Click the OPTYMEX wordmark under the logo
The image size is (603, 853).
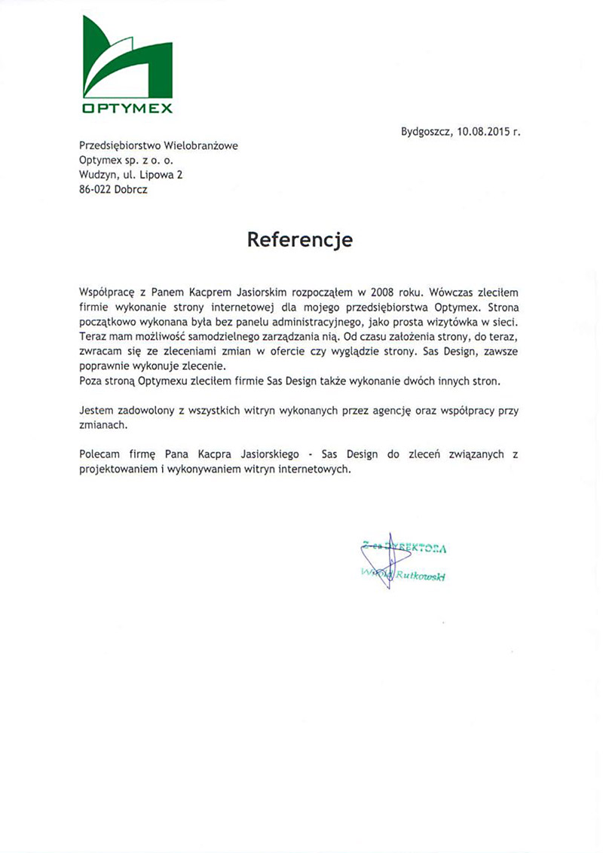click(127, 109)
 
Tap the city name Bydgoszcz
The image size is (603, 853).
click(426, 131)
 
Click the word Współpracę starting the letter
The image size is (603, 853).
click(106, 291)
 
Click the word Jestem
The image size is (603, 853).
click(95, 411)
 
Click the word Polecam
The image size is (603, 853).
click(98, 455)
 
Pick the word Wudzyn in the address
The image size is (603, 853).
click(96, 175)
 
